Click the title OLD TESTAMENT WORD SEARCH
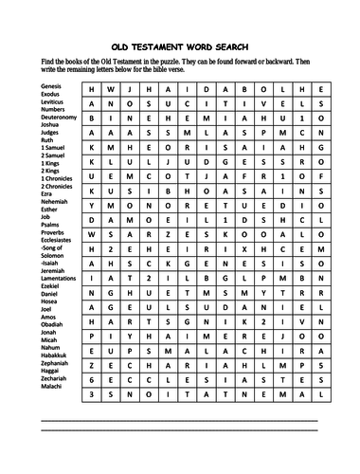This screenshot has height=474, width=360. coord(179,44)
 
